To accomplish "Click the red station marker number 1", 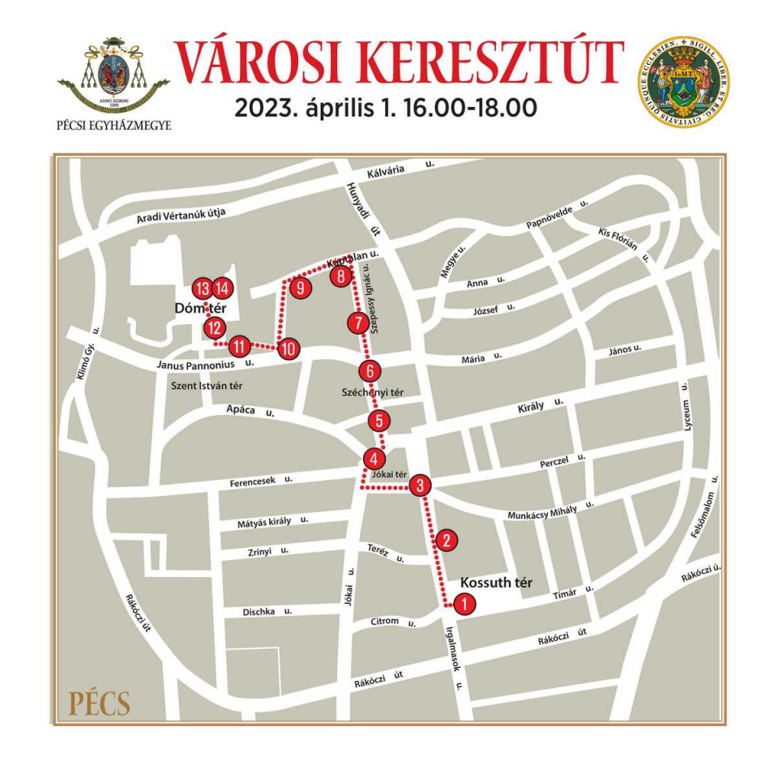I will click(464, 604).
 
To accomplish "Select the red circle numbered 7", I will click(357, 323).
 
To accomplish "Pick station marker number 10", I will click(289, 349).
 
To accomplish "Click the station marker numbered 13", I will click(203, 288).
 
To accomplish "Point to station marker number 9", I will click(300, 288).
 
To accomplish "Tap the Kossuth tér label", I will click(494, 583).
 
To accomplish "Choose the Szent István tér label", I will click(206, 387).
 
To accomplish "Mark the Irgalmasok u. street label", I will click(452, 657).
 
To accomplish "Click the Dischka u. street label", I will click(267, 612).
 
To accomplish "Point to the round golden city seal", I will click(682, 82).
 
